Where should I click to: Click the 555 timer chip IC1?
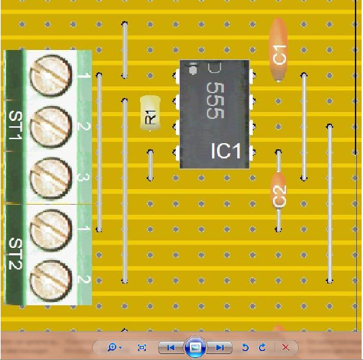point(214,114)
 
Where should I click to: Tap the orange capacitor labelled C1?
point(278,49)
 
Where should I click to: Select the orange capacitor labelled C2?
point(279,190)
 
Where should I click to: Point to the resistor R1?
point(150,113)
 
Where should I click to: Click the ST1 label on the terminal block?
point(16,125)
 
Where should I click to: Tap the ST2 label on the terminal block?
point(16,253)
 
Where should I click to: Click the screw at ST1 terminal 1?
point(51,76)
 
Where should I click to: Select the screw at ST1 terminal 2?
point(51,127)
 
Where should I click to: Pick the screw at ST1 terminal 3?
point(51,178)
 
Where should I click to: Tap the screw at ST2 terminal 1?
point(51,230)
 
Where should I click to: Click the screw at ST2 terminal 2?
point(51,282)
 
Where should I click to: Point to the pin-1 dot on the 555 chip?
point(193,70)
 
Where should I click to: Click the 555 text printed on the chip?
point(215,101)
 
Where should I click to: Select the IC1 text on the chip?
point(226,151)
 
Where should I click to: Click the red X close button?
point(285,347)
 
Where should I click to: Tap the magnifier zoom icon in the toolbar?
point(112,347)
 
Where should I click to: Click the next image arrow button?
point(219,347)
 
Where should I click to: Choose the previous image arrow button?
point(170,347)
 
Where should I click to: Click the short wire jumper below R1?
point(150,165)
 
